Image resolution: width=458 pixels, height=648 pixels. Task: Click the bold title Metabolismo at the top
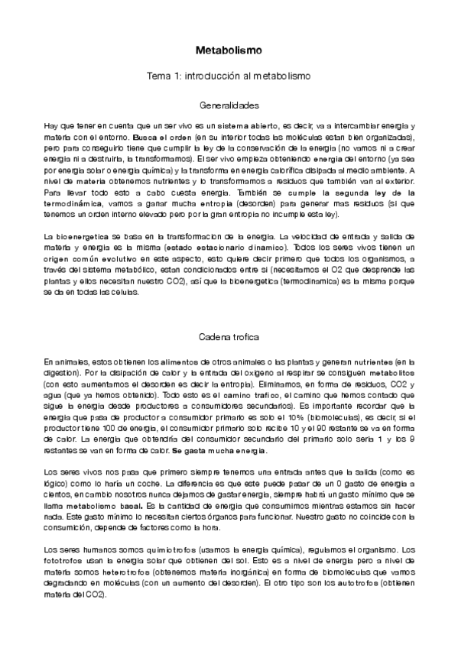click(229, 51)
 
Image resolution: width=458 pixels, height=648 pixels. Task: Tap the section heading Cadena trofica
click(229, 336)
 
